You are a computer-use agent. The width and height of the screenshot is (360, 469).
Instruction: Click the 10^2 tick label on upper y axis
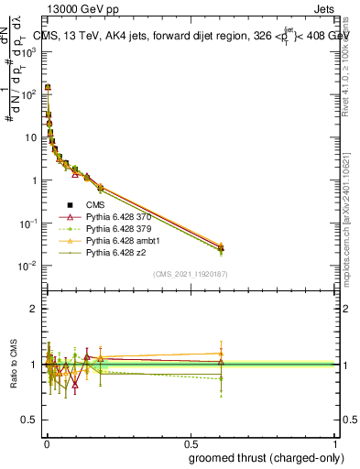(29, 93)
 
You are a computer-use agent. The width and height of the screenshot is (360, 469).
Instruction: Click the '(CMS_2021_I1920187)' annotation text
(191, 273)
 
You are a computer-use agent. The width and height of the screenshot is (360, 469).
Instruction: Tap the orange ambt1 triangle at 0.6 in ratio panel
(221, 353)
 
